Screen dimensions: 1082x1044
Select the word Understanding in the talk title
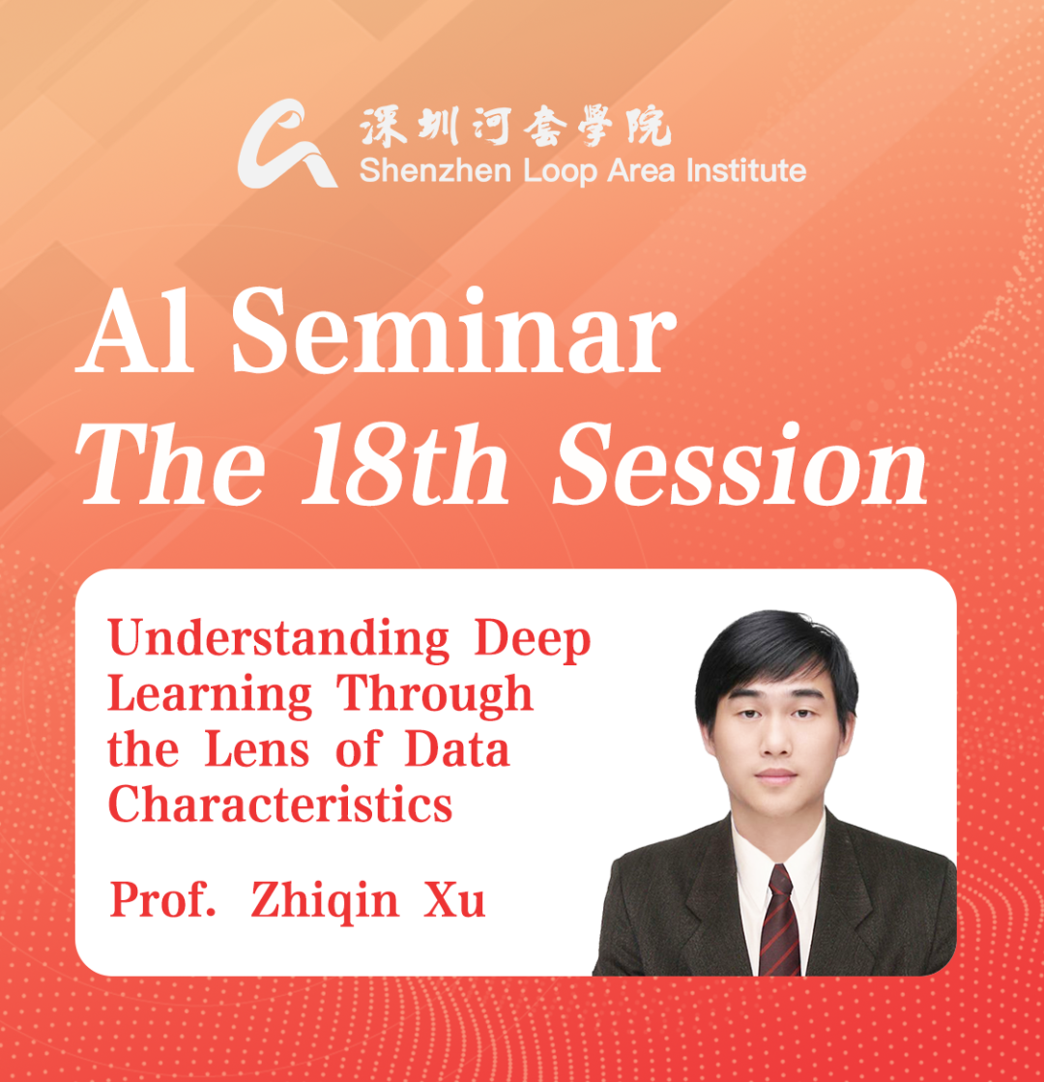[278, 641]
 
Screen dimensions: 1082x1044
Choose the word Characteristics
[280, 804]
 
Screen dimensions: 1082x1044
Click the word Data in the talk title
[456, 750]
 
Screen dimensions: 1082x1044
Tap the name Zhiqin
[324, 901]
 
